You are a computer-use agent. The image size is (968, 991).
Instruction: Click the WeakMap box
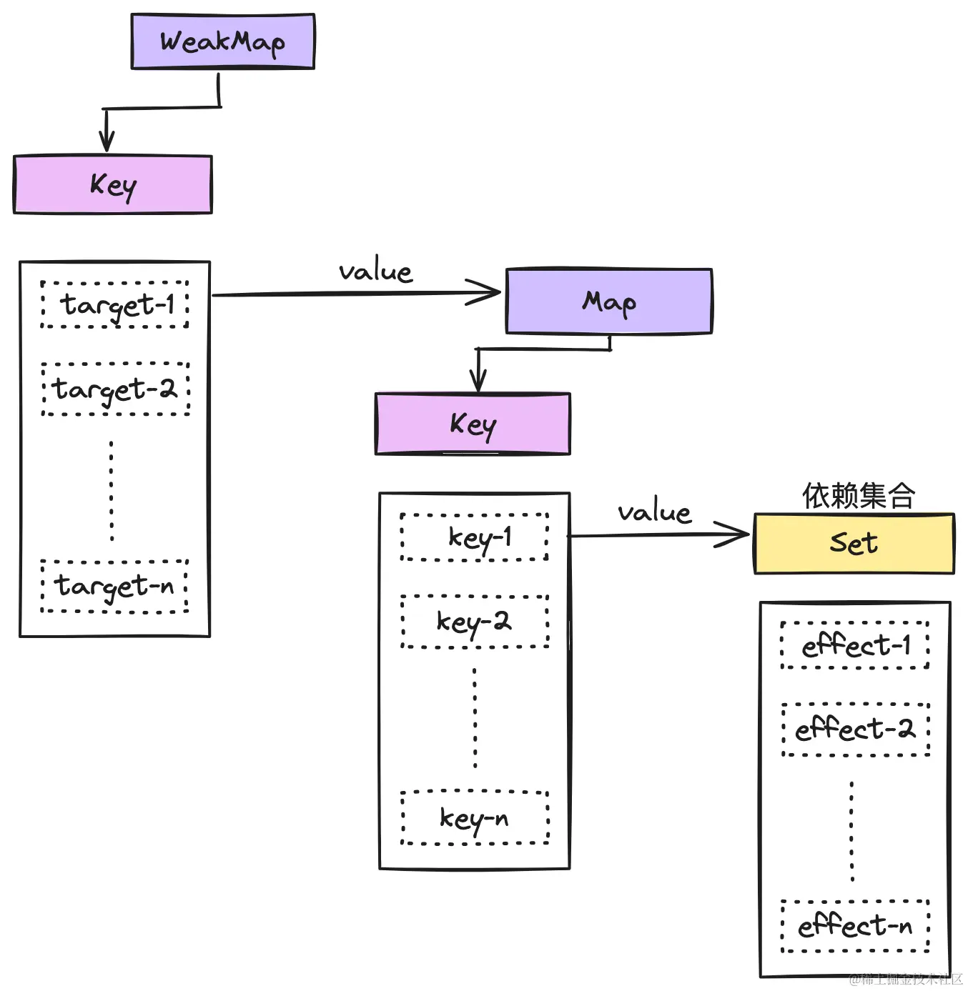pos(222,41)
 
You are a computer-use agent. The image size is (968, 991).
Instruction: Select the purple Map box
pos(608,302)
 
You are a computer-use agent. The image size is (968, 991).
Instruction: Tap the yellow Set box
pos(854,544)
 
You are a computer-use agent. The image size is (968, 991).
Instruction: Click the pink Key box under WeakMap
pos(112,185)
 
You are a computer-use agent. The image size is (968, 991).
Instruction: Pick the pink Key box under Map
pos(473,424)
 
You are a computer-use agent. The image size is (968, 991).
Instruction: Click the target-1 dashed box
pos(115,305)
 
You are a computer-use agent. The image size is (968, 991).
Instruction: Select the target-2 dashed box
pos(115,389)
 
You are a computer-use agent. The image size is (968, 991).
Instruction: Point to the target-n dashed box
pos(114,587)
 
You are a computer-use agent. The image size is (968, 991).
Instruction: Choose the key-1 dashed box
pos(475,537)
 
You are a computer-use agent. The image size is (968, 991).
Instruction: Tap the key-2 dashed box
pos(475,622)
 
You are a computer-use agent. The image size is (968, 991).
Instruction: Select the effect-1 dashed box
pos(855,646)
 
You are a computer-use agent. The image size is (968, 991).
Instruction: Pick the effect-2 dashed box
pos(856,729)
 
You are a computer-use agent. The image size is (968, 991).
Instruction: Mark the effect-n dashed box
pos(855,927)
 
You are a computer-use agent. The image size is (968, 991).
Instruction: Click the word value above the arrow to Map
pos(375,272)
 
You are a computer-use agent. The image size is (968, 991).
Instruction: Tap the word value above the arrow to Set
pos(654,513)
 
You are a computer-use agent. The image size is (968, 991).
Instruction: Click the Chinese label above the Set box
pos(858,495)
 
